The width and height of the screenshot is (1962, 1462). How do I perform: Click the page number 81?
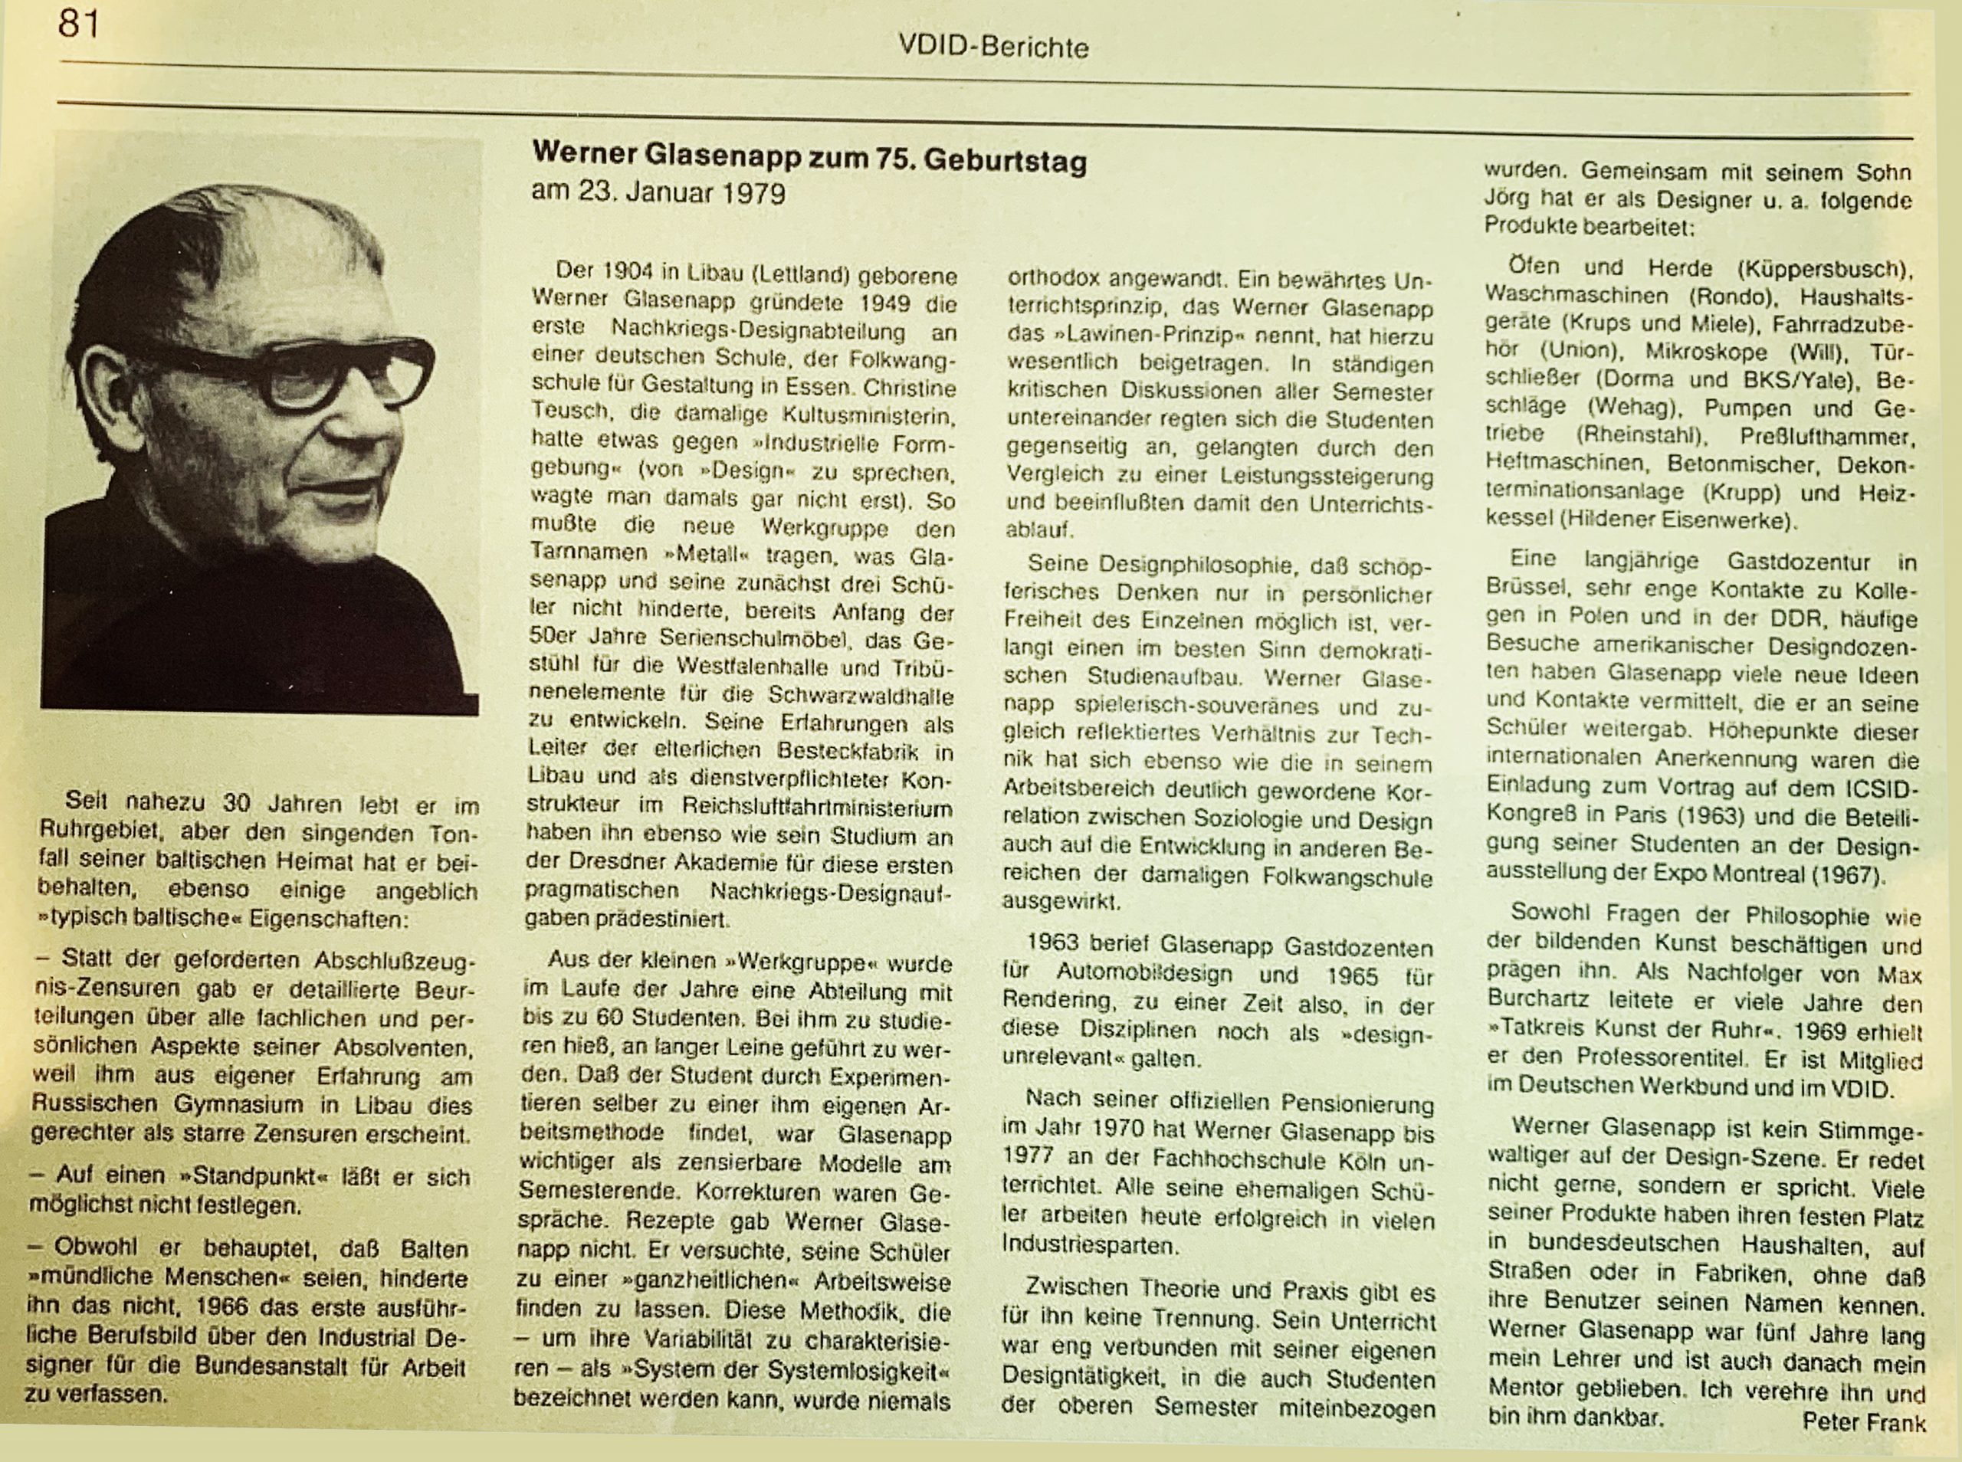78,24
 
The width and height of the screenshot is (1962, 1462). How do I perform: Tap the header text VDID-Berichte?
993,46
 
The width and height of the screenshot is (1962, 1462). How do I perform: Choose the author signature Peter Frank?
1863,1422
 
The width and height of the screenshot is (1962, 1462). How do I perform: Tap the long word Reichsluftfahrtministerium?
817,807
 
